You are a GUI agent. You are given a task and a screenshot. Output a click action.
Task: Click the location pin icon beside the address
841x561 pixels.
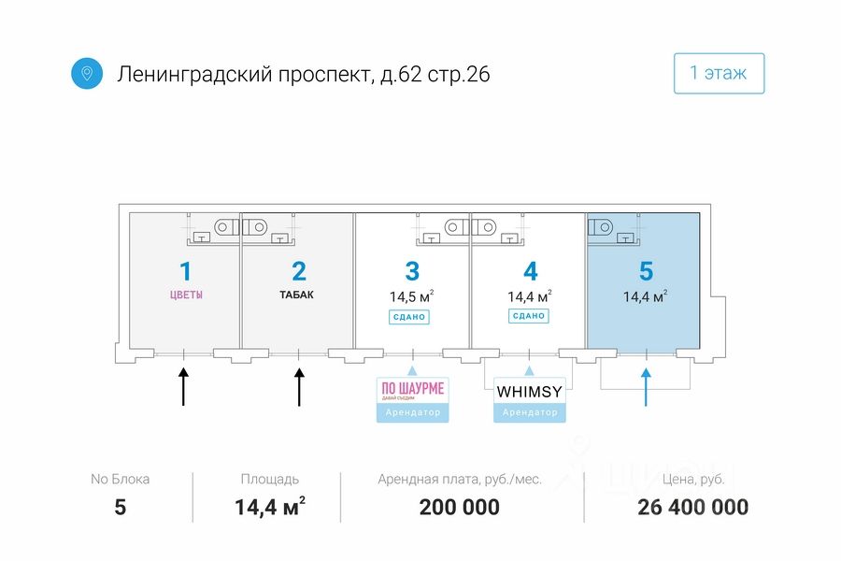point(87,73)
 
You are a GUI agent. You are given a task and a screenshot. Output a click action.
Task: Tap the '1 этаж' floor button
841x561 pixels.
point(719,73)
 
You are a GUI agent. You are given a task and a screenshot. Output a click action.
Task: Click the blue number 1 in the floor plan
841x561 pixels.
point(185,271)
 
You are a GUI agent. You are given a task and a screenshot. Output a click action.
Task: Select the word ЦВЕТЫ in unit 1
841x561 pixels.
point(185,295)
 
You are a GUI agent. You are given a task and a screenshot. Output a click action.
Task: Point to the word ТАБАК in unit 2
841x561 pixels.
point(297,295)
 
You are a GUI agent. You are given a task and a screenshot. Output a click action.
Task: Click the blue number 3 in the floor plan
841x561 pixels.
point(412,271)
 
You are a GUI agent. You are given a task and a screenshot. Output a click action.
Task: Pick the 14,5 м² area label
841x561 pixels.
point(411,297)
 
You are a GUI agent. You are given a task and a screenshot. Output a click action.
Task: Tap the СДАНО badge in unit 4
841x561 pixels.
point(528,316)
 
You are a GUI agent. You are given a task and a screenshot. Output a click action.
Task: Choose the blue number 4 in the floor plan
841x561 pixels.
point(530,271)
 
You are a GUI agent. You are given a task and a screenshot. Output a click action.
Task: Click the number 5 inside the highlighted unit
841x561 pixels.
point(646,271)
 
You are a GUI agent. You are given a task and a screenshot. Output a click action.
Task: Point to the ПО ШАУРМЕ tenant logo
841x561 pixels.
point(412,390)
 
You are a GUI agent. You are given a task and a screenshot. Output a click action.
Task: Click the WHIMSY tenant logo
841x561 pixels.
point(529,390)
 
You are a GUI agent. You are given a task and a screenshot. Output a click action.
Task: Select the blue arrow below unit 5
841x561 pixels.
point(646,385)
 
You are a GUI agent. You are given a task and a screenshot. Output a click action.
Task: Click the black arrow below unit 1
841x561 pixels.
point(184,385)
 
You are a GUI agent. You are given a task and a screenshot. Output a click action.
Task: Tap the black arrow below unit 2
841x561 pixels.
point(299,385)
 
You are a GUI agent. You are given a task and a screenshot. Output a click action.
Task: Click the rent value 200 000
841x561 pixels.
point(460,508)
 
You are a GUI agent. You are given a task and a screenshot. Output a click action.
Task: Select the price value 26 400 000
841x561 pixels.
point(692,508)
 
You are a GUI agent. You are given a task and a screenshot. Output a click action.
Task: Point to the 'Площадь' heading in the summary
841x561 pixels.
point(269,479)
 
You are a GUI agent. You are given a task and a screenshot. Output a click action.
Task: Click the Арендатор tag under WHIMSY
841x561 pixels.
point(529,412)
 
